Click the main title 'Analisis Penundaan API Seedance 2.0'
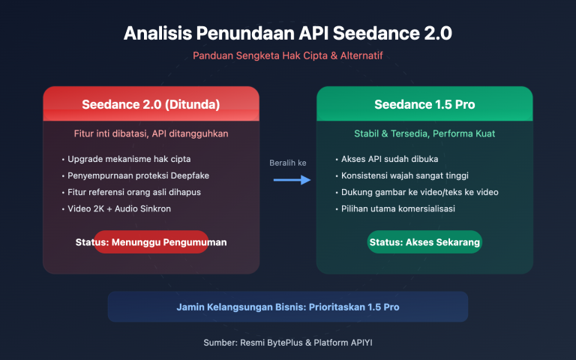pyautogui.click(x=288, y=34)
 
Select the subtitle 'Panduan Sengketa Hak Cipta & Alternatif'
pyautogui.click(x=288, y=56)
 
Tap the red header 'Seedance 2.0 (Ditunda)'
pyautogui.click(x=151, y=103)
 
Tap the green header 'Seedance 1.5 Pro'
pyautogui.click(x=424, y=103)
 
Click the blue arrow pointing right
pyautogui.click(x=292, y=180)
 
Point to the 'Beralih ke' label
pyautogui.click(x=288, y=163)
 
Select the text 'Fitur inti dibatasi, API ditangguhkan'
pyautogui.click(x=151, y=133)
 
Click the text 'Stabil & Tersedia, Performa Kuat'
pyautogui.click(x=424, y=133)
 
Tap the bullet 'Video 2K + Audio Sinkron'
pyautogui.click(x=118, y=208)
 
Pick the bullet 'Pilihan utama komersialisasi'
pyautogui.click(x=397, y=208)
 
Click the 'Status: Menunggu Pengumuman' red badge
pyautogui.click(x=151, y=242)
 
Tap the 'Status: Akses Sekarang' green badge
pyautogui.click(x=424, y=242)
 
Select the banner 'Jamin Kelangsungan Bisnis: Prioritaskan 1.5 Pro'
pyautogui.click(x=288, y=307)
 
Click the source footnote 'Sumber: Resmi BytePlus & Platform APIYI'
pyautogui.click(x=288, y=342)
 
